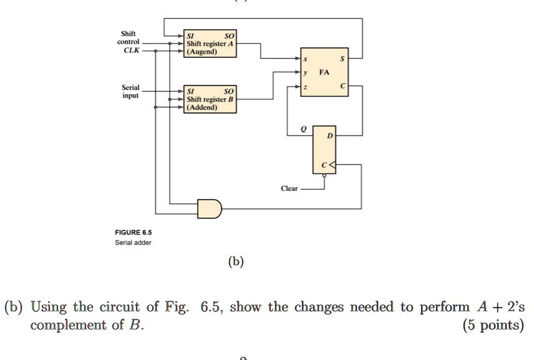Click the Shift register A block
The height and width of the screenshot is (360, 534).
210,44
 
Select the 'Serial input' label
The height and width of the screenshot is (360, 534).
130,92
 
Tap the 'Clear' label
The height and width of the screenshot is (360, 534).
289,188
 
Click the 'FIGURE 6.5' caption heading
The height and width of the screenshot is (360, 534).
129,233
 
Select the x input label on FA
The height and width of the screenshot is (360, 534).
305,59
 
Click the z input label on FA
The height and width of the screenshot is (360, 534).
305,87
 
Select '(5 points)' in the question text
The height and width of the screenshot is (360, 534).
493,325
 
